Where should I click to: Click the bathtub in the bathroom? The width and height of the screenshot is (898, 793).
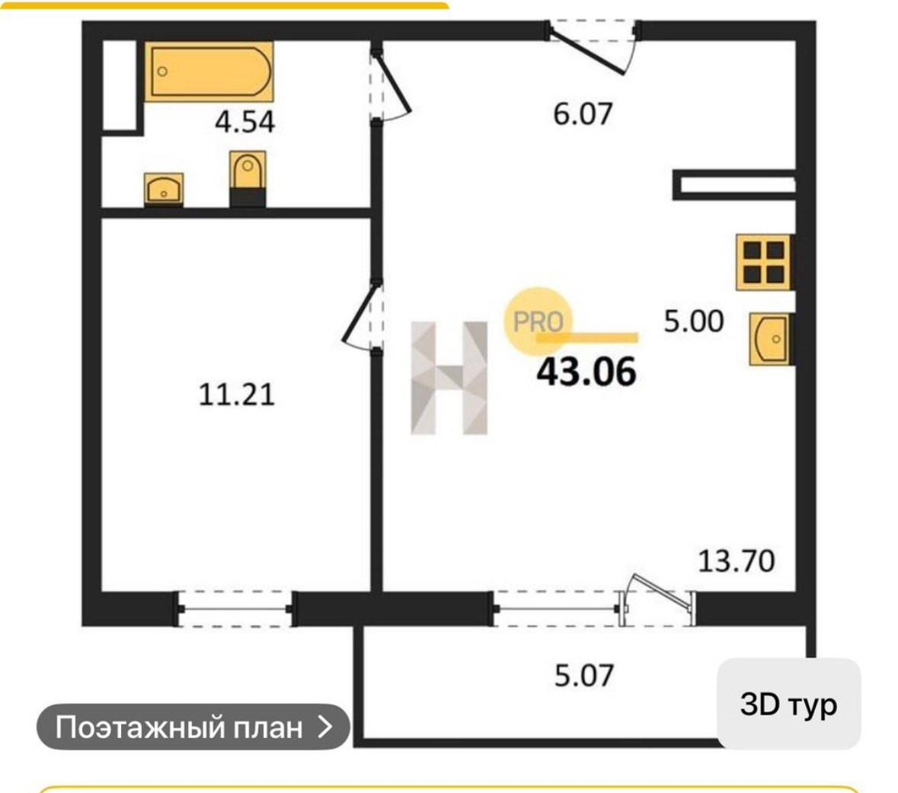pos(209,72)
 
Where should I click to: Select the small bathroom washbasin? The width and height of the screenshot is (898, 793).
pos(164,188)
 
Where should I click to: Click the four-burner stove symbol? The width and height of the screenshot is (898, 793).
pos(764,261)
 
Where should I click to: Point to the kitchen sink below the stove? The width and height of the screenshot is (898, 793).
pos(770,338)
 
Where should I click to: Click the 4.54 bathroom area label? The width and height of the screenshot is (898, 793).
pos(244,122)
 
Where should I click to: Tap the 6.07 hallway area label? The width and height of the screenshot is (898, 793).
pos(583,114)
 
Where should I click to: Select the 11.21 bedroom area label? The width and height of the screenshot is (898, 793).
pos(236,395)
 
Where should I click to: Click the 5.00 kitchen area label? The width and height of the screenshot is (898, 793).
pos(693,321)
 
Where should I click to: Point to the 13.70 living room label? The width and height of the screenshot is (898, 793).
pos(736,561)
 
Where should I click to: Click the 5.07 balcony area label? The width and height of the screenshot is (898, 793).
pos(583,676)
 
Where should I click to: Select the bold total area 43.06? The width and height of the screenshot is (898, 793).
pos(586,373)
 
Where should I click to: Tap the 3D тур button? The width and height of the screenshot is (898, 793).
pos(788,704)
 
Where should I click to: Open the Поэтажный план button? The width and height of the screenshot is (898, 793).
pos(193,727)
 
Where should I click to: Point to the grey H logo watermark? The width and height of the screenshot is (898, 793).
pos(449,378)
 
